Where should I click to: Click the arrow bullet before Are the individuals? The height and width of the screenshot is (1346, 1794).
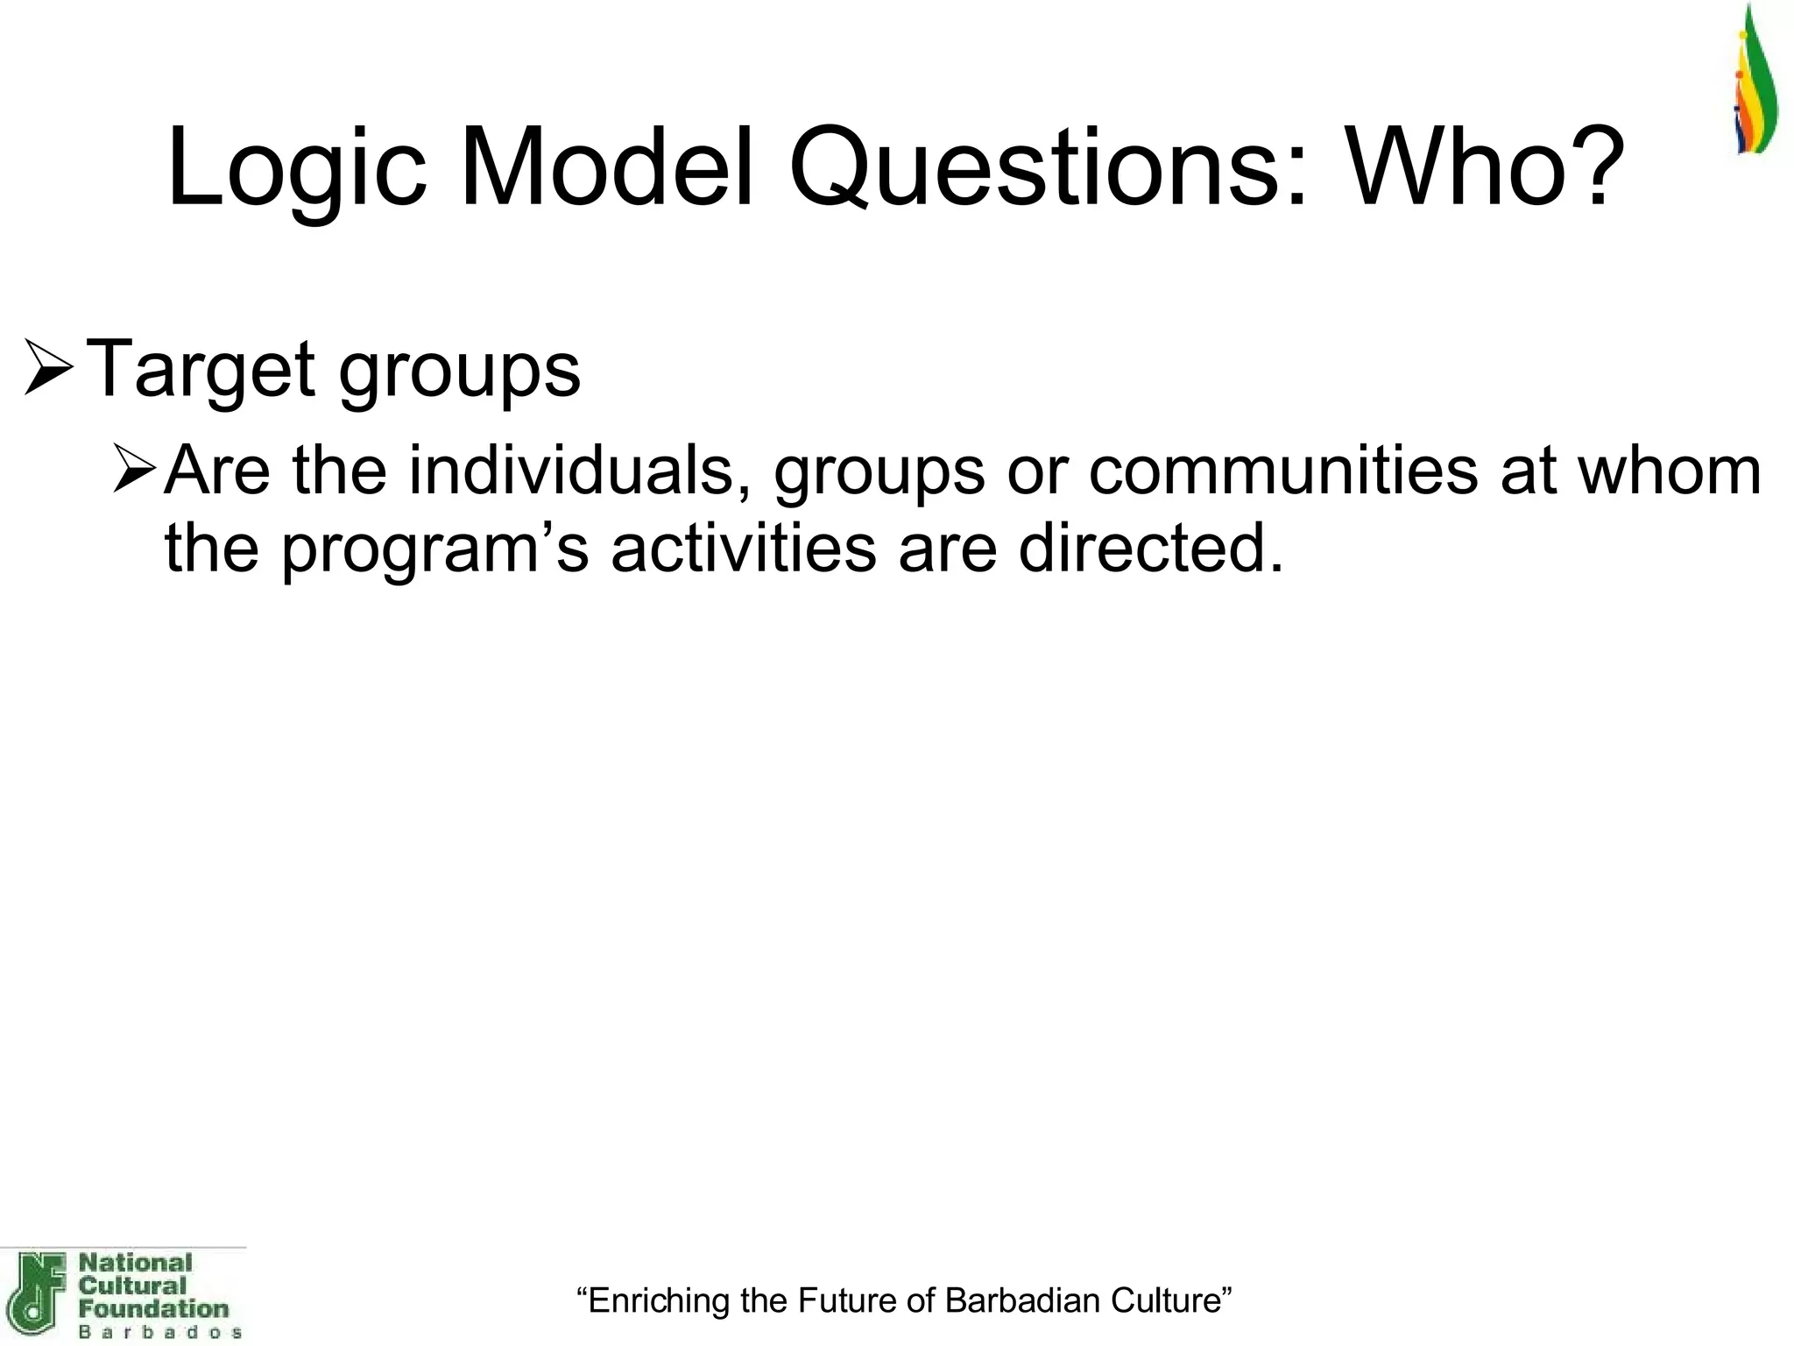135,470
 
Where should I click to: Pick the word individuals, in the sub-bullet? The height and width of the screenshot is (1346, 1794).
578,471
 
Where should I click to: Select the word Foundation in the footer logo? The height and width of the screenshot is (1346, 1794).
153,1309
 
